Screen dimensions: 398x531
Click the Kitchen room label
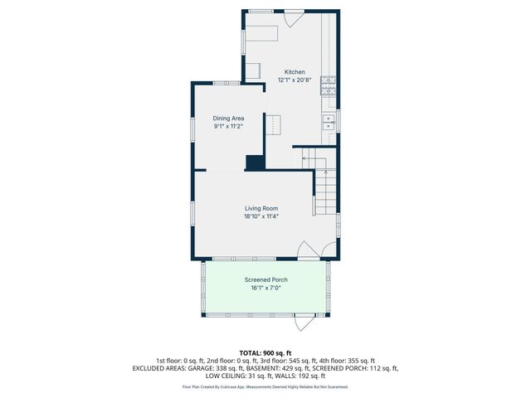pyautogui.click(x=295, y=71)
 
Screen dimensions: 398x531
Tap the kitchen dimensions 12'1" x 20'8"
pyautogui.click(x=295, y=80)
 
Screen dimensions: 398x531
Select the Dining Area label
pyautogui.click(x=229, y=119)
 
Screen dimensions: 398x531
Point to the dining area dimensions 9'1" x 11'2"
pyautogui.click(x=229, y=127)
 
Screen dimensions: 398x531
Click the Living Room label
pyautogui.click(x=261, y=208)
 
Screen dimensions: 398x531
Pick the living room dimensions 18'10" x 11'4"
pyautogui.click(x=261, y=216)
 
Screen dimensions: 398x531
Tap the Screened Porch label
pyautogui.click(x=265, y=280)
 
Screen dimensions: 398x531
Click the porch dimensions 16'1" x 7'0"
pyautogui.click(x=265, y=289)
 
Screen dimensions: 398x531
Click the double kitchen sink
pyautogui.click(x=329, y=122)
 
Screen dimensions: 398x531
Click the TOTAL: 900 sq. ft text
pyautogui.click(x=265, y=353)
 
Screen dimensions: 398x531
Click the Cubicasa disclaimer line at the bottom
pyautogui.click(x=265, y=386)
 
